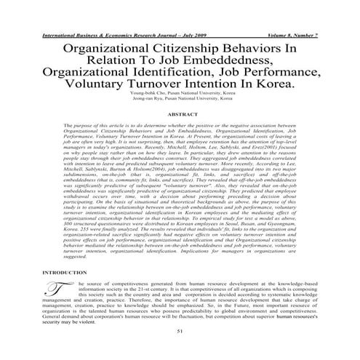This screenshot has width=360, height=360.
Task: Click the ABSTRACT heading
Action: pyautogui.click(x=180, y=115)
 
